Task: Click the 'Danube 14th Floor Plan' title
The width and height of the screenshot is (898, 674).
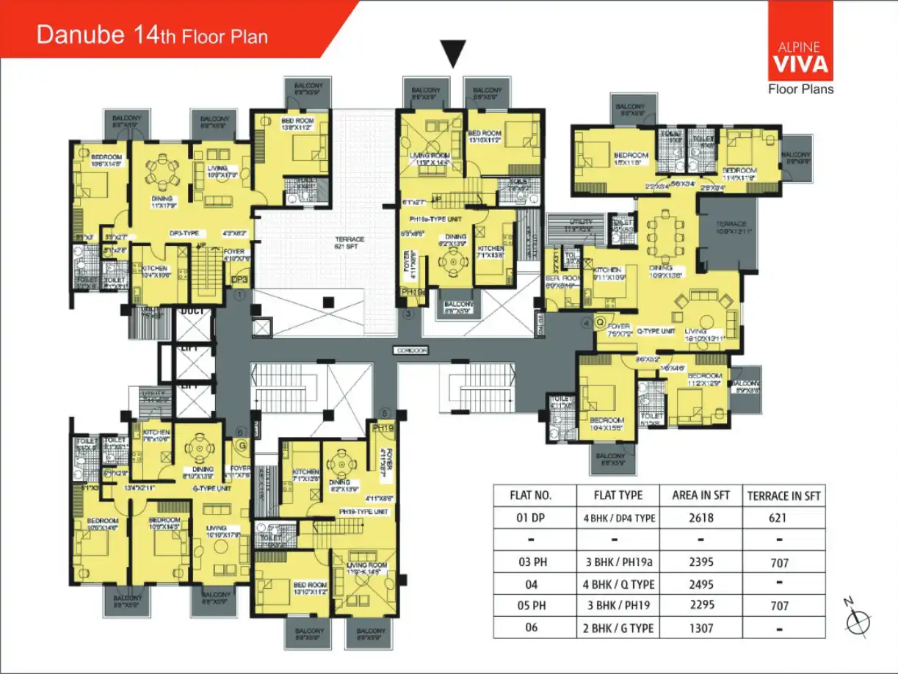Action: coord(152,35)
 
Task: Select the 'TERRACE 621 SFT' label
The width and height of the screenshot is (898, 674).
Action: coord(350,243)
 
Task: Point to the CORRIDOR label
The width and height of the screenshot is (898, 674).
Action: coord(410,350)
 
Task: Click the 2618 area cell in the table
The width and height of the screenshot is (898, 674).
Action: coord(701,518)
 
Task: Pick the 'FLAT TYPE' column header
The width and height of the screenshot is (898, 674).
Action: coord(617,495)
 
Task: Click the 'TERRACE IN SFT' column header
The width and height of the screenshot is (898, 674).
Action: coord(783,496)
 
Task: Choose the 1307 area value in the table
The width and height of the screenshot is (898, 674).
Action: coord(701,628)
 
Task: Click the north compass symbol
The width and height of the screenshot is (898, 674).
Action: coord(856,623)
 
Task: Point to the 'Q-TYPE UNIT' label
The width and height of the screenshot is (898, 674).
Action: coord(656,331)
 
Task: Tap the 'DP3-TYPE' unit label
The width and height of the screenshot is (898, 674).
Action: coord(184,233)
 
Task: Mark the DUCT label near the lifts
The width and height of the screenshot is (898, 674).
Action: coord(192,311)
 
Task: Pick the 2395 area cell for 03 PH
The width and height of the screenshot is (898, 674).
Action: coord(701,562)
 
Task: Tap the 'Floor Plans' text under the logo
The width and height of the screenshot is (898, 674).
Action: coord(800,90)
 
